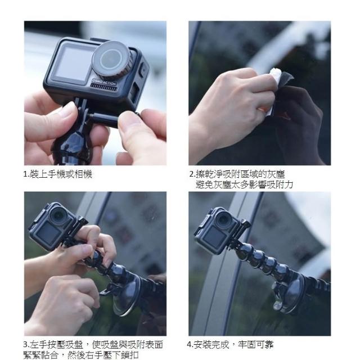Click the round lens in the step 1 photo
click(x=111, y=59)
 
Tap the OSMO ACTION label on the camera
click(x=104, y=82)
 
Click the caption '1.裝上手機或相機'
click(x=57, y=174)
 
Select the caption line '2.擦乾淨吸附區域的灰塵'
click(x=237, y=174)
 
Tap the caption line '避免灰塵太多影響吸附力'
click(x=244, y=184)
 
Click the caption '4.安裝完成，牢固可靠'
click(x=230, y=344)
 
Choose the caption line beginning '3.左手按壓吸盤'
click(x=93, y=344)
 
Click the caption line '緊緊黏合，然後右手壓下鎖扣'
click(x=81, y=355)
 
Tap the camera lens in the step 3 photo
click(x=58, y=216)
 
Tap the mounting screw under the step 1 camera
click(x=105, y=118)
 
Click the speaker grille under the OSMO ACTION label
click(x=103, y=87)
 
